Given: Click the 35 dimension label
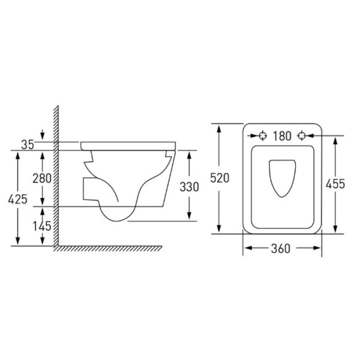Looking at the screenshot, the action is (28, 145).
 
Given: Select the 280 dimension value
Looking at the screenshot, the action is (42, 178).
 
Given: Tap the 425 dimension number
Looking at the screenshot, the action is (17, 199).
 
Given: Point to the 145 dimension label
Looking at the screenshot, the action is (42, 226).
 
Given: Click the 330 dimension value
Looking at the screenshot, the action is (189, 187).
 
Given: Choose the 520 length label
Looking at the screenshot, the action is (220, 178).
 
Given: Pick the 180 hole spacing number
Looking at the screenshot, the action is (282, 136).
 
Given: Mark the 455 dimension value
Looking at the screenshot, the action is (335, 184).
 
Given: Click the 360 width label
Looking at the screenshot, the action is (281, 248).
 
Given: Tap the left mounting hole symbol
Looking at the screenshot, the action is (263, 136).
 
